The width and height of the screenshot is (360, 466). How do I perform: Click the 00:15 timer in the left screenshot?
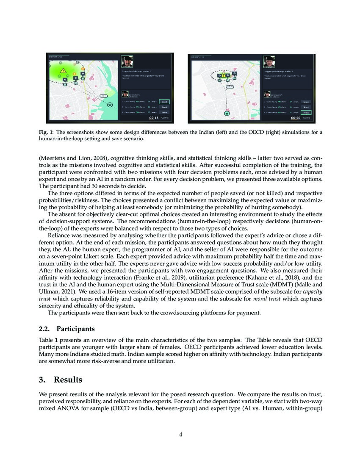coord(153,118)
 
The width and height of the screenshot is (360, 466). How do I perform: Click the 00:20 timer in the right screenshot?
coord(296,118)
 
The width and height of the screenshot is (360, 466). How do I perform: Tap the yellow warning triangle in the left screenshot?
coord(63,71)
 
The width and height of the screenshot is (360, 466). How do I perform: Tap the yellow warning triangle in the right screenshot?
coord(223,75)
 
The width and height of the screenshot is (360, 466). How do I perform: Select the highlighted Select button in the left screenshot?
coord(164,102)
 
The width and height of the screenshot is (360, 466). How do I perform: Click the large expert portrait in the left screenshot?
coord(127,61)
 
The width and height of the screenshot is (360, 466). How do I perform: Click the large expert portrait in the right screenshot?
coord(268,61)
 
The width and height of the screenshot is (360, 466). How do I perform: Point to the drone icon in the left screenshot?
coord(110,104)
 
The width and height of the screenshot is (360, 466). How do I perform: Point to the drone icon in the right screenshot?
coord(227,113)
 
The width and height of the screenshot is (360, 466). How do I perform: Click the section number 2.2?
coord(45,328)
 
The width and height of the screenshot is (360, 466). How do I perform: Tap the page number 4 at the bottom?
coord(180,434)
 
